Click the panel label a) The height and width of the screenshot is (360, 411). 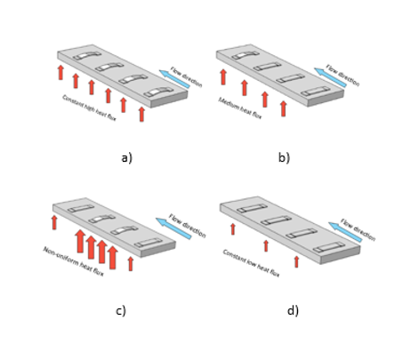point(126,157)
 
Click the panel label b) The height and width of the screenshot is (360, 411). point(284,157)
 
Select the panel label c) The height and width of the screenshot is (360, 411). point(120,310)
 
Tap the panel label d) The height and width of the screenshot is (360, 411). point(293,310)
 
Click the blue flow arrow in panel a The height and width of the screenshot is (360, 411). point(174,80)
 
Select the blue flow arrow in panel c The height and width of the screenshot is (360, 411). point(173,228)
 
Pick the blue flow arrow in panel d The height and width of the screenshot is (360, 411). point(345,233)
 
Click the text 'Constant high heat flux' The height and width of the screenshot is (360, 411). point(89,107)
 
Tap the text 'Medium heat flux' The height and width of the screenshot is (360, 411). point(240,108)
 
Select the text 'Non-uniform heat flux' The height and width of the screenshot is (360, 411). point(73,261)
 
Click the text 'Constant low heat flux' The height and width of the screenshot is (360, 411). point(251,263)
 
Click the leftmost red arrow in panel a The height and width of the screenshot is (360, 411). point(60,72)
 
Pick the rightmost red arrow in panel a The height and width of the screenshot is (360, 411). point(141,114)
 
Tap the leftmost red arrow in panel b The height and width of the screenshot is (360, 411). point(223,76)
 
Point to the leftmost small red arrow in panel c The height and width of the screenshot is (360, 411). point(54,221)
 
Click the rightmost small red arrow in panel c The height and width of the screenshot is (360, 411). point(131,263)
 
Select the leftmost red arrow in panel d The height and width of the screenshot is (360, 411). point(233,228)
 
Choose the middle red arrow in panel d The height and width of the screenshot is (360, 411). point(265,245)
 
